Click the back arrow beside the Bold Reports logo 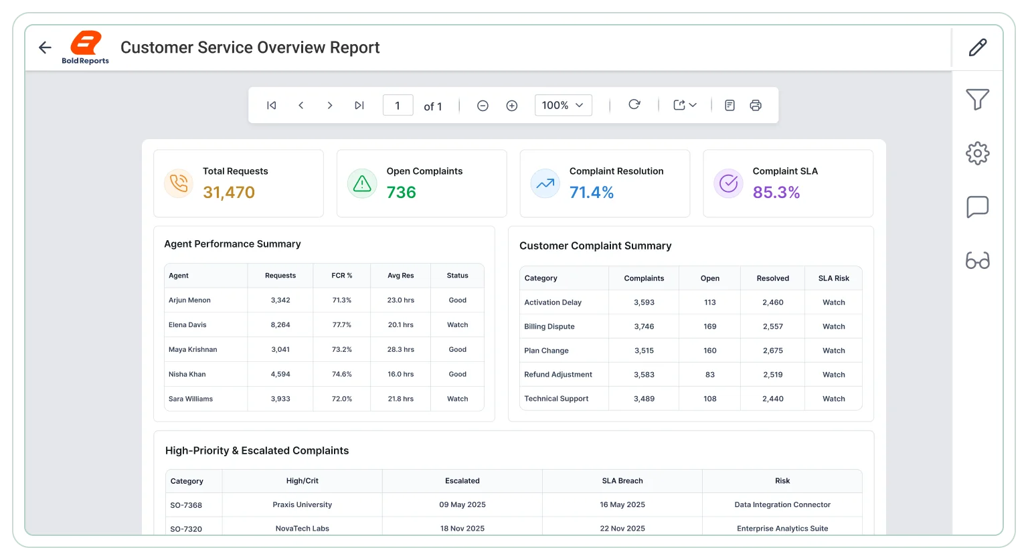[x=45, y=48]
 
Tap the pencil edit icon [x=978, y=48]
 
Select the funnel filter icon [x=978, y=99]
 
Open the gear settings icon [x=978, y=153]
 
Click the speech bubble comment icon [x=978, y=207]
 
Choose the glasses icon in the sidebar [x=978, y=260]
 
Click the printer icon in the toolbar [x=756, y=106]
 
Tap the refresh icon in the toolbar [x=634, y=104]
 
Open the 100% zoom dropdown [x=563, y=105]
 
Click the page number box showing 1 [x=398, y=106]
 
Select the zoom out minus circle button [x=483, y=106]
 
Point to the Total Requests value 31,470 [x=228, y=192]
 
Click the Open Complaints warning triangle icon [x=362, y=183]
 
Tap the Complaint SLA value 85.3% [x=776, y=192]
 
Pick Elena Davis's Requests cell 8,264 [x=280, y=324]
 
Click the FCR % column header [x=342, y=276]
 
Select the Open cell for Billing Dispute [x=710, y=326]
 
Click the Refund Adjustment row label [x=558, y=374]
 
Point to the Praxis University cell [x=302, y=504]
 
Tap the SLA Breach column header [x=622, y=480]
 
